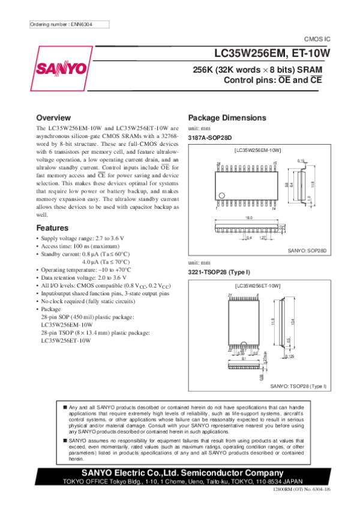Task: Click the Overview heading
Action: [x=54, y=117]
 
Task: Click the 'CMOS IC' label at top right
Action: [x=317, y=38]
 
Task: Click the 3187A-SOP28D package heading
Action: [x=209, y=137]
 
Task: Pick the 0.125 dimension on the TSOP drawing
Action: [x=289, y=357]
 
